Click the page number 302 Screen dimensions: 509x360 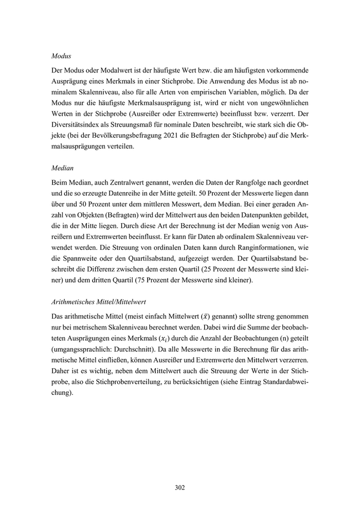[x=179, y=487]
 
